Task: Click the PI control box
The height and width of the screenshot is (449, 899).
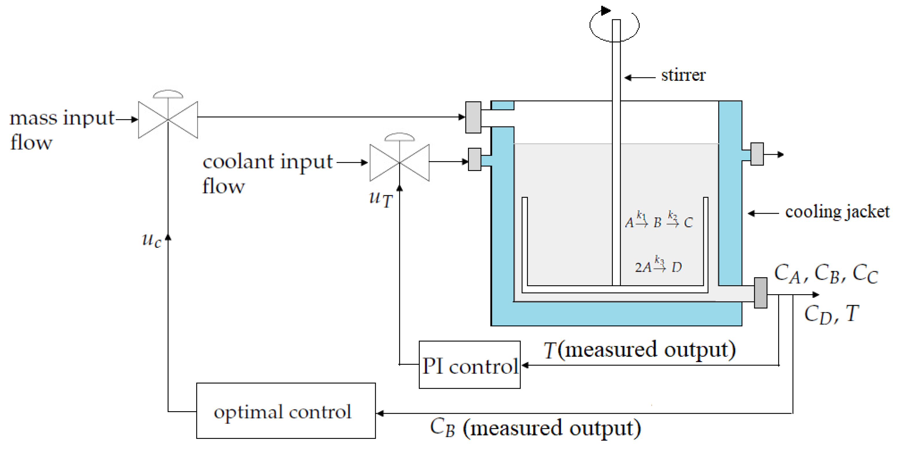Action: (x=469, y=365)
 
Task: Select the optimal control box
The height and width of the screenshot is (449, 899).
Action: (x=286, y=411)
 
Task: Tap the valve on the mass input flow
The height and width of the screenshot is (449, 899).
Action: (x=168, y=119)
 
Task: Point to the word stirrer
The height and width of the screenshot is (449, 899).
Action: (x=683, y=75)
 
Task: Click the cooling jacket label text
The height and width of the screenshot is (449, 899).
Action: (x=837, y=212)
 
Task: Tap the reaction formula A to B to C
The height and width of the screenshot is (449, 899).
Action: (x=658, y=221)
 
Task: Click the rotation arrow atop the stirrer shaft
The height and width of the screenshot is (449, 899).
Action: (x=614, y=25)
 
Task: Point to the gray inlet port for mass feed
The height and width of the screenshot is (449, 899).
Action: (x=473, y=117)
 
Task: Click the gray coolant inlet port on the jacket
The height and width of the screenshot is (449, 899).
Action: (x=474, y=159)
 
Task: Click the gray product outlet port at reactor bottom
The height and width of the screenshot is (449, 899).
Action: (x=761, y=293)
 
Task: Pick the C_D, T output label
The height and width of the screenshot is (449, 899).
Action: (x=831, y=314)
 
